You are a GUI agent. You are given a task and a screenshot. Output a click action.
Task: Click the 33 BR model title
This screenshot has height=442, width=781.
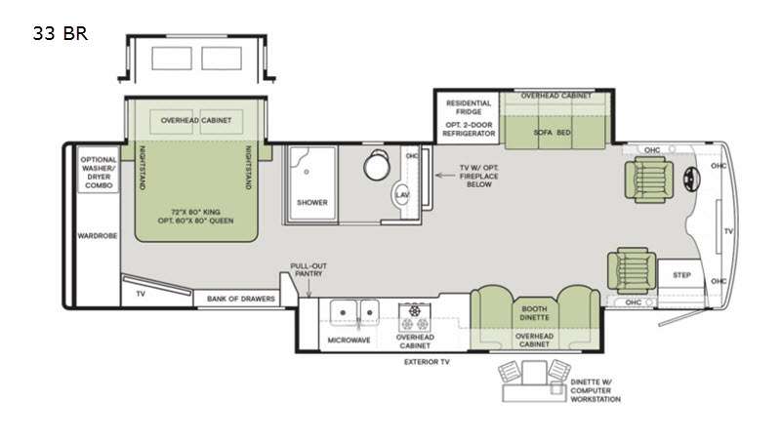coord(61,33)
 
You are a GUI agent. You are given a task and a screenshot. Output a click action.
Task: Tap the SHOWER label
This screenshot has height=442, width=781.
coord(312,203)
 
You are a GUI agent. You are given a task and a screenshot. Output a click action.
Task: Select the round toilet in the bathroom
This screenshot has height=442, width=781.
coord(376,165)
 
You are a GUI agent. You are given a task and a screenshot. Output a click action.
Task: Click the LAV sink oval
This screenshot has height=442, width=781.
coord(402,194)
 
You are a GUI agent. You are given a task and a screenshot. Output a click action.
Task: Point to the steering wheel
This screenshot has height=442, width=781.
coord(691,177)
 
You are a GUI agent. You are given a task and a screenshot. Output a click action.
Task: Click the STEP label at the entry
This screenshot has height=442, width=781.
coord(681,275)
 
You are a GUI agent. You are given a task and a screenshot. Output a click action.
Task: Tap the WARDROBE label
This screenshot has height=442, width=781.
coord(97,235)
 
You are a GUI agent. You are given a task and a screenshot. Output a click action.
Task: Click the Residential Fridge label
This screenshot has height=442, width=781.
coord(469,107)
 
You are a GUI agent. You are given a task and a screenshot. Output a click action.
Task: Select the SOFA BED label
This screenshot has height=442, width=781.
coord(552,133)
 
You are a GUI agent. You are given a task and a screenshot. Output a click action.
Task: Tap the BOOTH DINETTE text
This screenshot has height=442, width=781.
coord(534,313)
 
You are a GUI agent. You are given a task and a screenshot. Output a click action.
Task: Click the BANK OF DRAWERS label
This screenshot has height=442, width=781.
coord(240,299)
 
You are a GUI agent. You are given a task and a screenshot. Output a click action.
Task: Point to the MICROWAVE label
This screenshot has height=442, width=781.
coord(349,340)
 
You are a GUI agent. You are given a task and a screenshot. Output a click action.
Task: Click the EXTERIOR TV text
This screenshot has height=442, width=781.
coord(427,362)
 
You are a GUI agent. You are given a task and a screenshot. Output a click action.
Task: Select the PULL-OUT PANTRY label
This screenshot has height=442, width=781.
coord(308,269)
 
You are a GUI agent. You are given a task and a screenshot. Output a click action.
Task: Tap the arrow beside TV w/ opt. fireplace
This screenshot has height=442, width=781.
coord(445,176)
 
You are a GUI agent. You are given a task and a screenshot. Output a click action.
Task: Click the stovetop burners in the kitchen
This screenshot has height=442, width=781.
coord(414,317)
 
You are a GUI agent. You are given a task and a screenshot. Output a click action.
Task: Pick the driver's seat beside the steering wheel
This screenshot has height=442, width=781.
coord(649,180)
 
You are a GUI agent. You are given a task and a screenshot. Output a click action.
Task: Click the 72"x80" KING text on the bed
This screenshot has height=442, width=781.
coord(195,212)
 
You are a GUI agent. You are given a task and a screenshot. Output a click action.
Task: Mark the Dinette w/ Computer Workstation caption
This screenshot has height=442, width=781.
coord(596,390)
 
